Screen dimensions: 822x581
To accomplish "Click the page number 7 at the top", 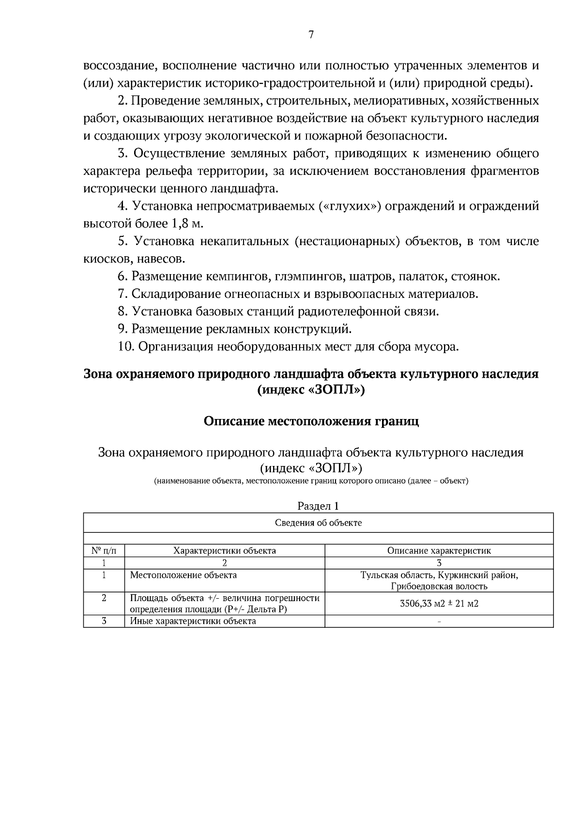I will coord(311,34).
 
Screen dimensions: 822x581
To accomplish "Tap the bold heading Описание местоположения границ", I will coord(311,421).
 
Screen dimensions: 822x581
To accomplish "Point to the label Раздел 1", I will coord(318,506).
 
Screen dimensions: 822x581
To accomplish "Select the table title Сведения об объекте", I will coord(318,523).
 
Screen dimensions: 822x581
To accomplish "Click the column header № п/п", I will coord(104,551).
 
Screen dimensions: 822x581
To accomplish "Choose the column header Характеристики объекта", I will coord(225,551).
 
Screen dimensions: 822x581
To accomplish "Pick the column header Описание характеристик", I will coord(439,551).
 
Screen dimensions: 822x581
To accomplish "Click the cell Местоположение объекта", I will coord(183,575).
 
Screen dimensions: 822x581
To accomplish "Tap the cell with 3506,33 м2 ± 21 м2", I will coord(439,604).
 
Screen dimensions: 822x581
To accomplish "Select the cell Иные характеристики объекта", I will coord(193,621).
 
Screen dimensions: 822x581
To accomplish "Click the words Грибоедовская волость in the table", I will coord(439,587).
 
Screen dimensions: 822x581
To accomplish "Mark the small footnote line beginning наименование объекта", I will coord(311,481).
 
